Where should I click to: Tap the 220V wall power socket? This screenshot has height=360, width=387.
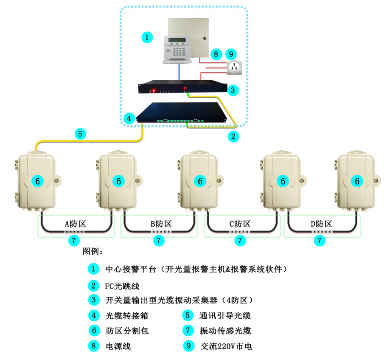pyautogui.click(x=234, y=67)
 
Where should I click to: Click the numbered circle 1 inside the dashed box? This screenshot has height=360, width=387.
pyautogui.click(x=146, y=37)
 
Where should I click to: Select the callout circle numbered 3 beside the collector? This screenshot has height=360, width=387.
pyautogui.click(x=232, y=90)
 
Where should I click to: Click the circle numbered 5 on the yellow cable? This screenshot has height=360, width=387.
pyautogui.click(x=80, y=134)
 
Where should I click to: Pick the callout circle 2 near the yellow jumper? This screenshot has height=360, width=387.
pyautogui.click(x=232, y=136)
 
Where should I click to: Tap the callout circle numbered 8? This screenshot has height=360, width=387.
pyautogui.click(x=216, y=54)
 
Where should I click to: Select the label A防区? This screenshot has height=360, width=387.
pyautogui.click(x=76, y=224)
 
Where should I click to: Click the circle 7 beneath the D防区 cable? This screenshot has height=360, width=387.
pyautogui.click(x=319, y=241)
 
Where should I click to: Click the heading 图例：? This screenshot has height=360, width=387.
pyautogui.click(x=93, y=251)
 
